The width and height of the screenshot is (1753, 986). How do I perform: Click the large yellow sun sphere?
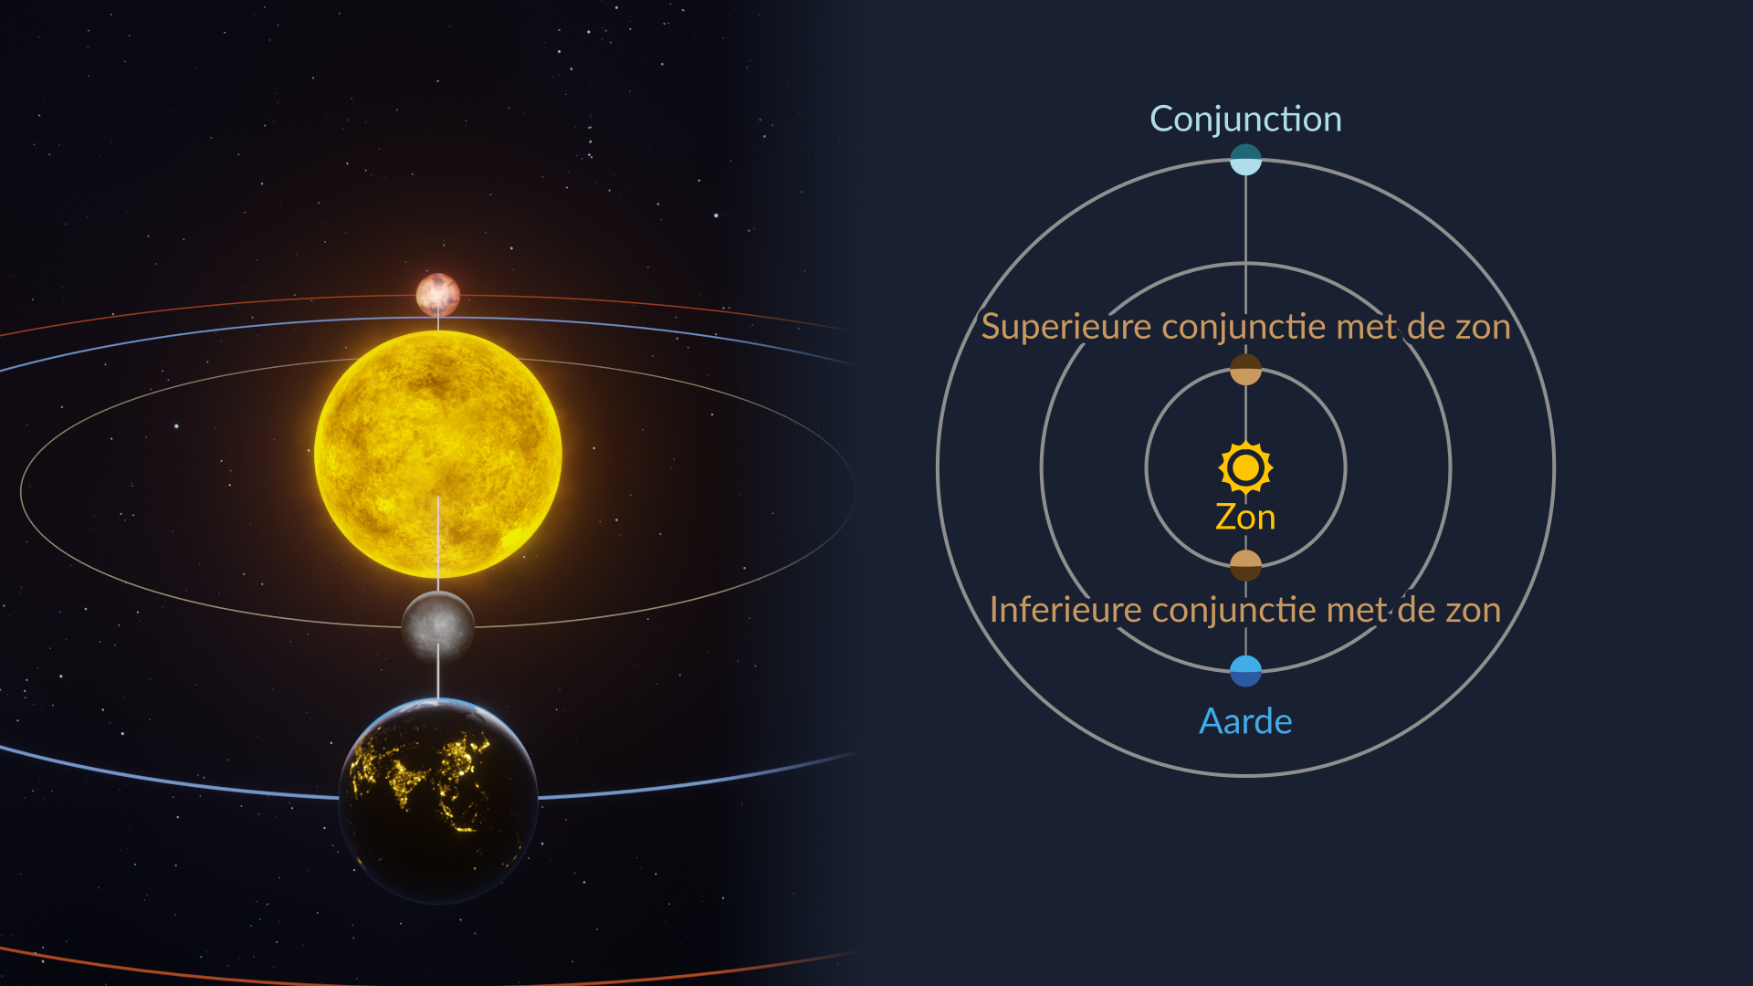point(438,454)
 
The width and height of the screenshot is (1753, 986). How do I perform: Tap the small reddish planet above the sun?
point(438,295)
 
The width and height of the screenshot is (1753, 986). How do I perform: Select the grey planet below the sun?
point(438,626)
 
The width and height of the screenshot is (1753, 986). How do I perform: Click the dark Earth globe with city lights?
point(438,801)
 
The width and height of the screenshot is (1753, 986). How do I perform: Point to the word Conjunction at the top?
point(1245,119)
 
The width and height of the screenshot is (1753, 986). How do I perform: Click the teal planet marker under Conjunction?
point(1245,160)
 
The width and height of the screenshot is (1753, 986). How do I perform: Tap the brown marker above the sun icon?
point(1245,370)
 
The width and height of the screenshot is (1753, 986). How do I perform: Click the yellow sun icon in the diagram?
point(1245,467)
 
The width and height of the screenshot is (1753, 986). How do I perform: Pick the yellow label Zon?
point(1245,517)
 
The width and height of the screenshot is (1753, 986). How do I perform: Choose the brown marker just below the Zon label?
point(1245,566)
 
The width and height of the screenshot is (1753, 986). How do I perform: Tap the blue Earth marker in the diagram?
point(1245,671)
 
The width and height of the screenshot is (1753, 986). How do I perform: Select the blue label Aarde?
point(1245,721)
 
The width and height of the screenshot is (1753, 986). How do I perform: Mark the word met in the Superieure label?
point(1366,327)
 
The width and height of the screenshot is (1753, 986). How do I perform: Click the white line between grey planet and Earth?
point(438,672)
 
